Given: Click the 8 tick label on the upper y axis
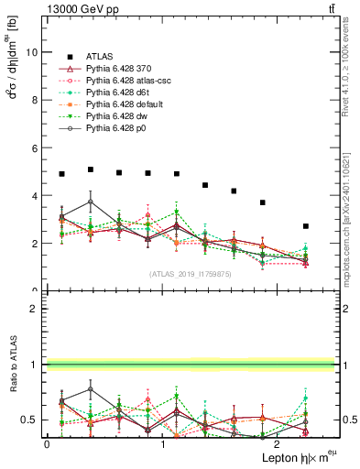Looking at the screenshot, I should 34,100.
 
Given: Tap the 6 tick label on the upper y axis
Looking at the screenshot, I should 34,147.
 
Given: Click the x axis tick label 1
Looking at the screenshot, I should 163,444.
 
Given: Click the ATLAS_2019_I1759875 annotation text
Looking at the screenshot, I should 191,273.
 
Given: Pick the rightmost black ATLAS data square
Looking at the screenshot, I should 306,226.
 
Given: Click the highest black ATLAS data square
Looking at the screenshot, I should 91,169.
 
